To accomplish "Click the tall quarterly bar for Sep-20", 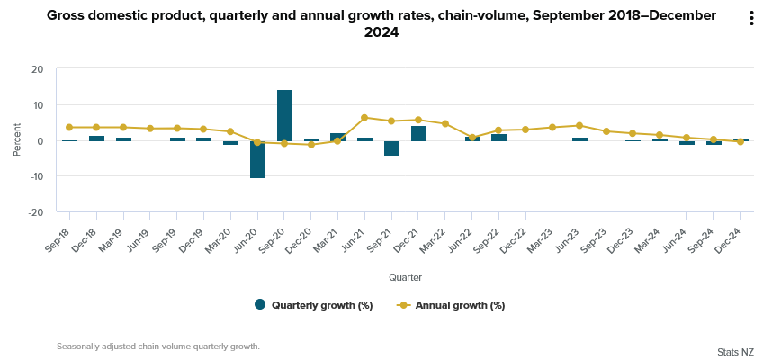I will [x=284, y=115].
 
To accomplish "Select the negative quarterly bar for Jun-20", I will [x=257, y=159].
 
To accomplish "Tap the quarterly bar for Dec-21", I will [x=418, y=133].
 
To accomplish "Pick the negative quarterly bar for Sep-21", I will [x=391, y=148].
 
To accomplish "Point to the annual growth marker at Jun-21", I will [x=364, y=117].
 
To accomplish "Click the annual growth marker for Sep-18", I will [x=69, y=127].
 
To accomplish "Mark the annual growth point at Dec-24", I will [x=741, y=142].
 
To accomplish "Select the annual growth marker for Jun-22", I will [x=472, y=138].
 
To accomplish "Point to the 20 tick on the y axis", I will [x=37, y=69].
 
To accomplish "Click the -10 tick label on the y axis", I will [x=35, y=177].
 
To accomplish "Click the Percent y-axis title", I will [x=17, y=140].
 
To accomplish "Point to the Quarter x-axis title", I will [x=405, y=277].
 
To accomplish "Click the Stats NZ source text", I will [x=735, y=351].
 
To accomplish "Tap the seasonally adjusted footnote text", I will [x=157, y=346].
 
